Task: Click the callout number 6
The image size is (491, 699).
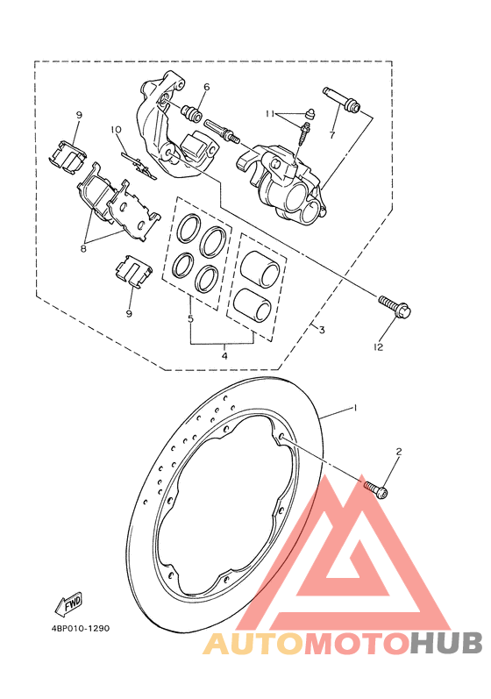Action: coord(206,87)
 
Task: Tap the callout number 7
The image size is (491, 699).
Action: coord(331,135)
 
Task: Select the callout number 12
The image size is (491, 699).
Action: coord(378,346)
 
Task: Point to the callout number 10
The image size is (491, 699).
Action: coord(116,130)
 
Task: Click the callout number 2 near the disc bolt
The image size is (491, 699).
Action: coord(399,452)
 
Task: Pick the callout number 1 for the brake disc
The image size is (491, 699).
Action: coord(355,408)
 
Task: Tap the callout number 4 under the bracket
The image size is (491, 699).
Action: coord(224,356)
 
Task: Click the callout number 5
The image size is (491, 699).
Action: coord(190,319)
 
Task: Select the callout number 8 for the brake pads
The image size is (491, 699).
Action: coord(83,249)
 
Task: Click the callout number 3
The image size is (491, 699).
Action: coord(322,330)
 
